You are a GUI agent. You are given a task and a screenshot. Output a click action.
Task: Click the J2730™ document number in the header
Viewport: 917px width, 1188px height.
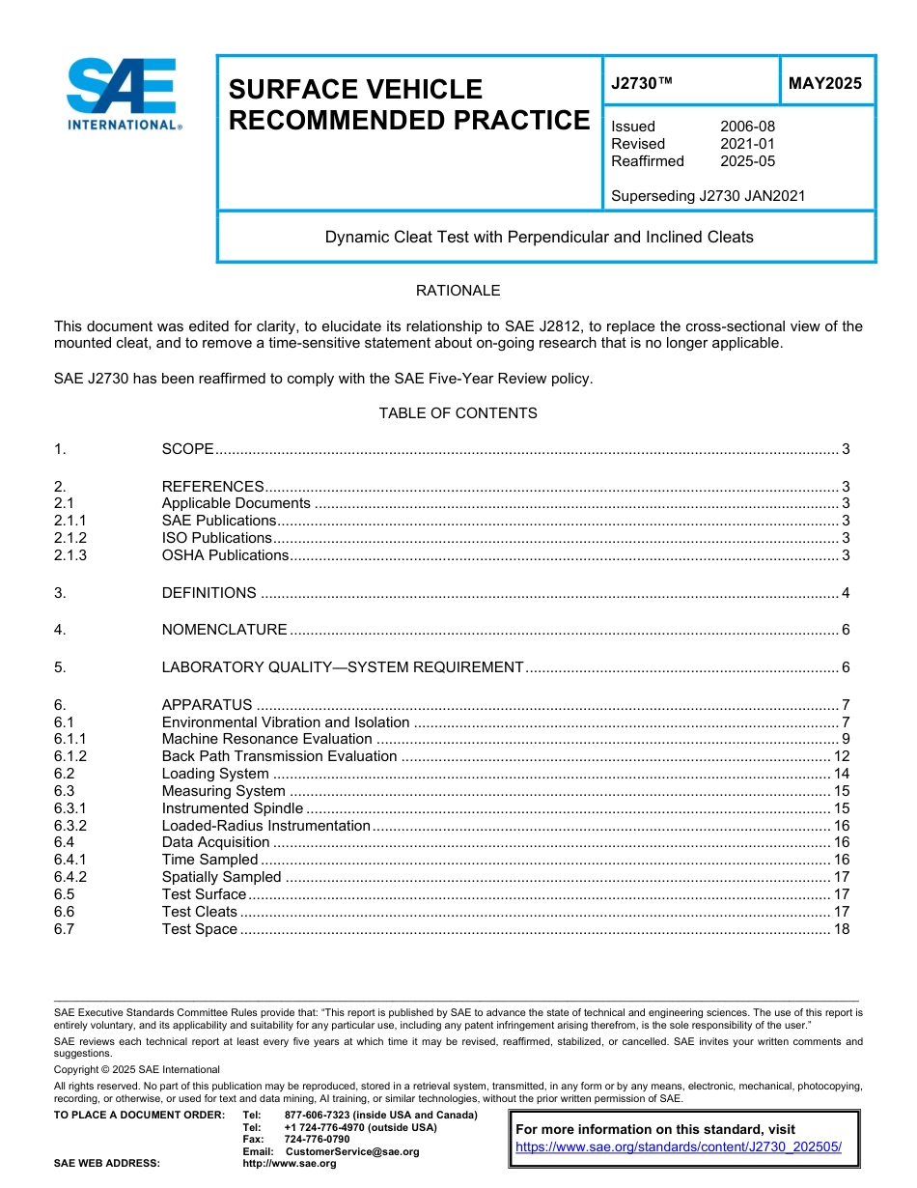(642, 83)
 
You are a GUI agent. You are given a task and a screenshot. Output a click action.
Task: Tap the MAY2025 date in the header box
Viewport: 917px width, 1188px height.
(825, 83)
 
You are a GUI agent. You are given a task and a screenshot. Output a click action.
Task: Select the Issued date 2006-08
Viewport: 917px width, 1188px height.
(747, 127)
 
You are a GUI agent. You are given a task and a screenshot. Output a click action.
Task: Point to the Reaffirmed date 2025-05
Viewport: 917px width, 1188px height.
(747, 161)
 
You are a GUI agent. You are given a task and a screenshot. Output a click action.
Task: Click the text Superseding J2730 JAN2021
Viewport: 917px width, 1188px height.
(708, 196)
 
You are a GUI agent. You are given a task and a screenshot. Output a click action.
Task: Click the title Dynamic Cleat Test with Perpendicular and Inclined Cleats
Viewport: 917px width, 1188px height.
(539, 237)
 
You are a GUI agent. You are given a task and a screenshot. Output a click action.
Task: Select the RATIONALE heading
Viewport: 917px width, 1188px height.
(458, 291)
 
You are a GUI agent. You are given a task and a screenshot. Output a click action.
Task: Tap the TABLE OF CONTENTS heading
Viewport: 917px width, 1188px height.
(458, 413)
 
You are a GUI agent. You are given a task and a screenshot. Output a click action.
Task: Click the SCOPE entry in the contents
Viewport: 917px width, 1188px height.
(187, 449)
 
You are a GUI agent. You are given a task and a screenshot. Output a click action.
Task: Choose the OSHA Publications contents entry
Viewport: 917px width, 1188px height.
(225, 555)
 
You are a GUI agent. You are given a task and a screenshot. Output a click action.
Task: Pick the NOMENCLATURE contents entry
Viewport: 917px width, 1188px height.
(224, 630)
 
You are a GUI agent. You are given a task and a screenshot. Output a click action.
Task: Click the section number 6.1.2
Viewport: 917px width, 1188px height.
(70, 756)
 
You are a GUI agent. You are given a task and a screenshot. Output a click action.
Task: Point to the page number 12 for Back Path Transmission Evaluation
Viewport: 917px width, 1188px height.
(841, 756)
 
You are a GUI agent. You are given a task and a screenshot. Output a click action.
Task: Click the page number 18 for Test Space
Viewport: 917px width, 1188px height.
(841, 929)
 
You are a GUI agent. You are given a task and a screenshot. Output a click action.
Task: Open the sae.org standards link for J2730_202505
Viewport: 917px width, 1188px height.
(679, 1147)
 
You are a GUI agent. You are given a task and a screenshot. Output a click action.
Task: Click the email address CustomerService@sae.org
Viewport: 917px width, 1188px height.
(352, 1151)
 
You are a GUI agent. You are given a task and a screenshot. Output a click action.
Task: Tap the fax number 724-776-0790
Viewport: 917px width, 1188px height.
(317, 1140)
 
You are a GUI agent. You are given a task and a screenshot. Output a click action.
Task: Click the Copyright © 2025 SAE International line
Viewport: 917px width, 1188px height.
(137, 1069)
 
